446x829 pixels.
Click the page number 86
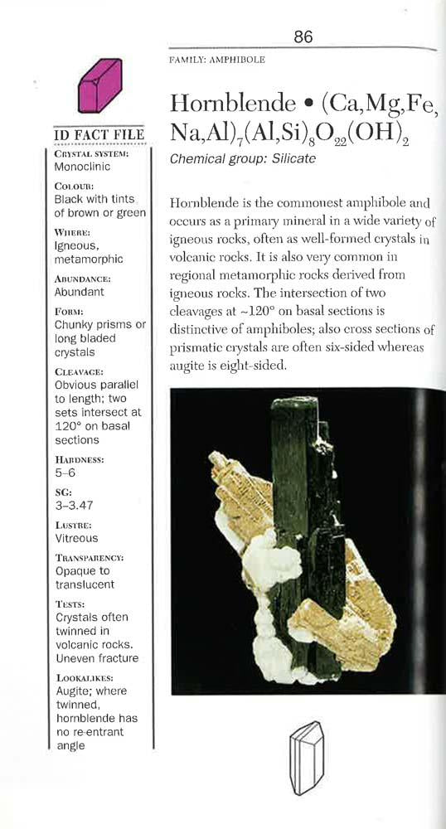(x=303, y=36)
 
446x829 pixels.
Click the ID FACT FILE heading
(x=99, y=135)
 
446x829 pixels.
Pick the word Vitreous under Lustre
(x=76, y=538)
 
